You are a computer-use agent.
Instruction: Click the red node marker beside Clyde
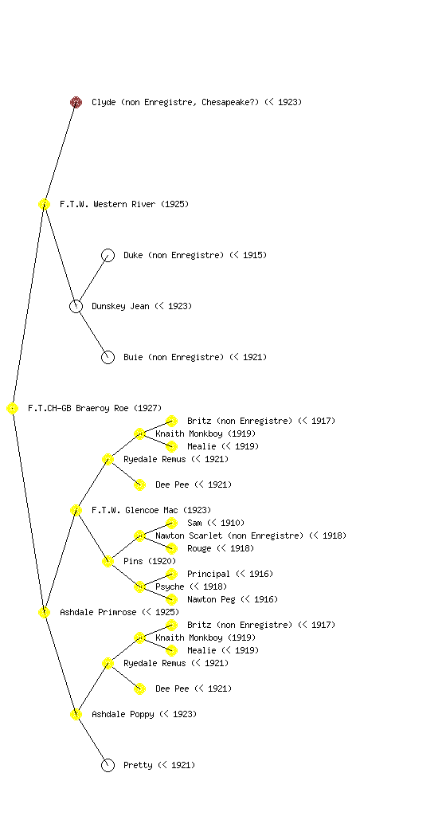pos(76,102)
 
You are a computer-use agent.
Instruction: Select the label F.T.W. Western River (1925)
pos(124,204)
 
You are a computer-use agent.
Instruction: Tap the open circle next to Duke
pos(108,255)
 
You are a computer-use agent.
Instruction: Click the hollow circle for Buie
pos(108,357)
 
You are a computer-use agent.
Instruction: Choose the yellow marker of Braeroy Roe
pos(13,408)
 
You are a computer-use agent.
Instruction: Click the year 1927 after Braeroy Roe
pos(148,408)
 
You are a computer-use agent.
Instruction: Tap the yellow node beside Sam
pos(171,523)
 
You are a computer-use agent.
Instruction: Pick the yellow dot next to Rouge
pos(171,548)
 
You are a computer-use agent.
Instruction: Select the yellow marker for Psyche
pos(139,586)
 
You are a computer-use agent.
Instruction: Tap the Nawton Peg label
pos(233,599)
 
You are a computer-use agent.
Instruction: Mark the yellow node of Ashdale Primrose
pos(44,612)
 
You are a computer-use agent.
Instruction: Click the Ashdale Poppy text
pos(123,714)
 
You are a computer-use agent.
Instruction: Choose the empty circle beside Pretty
pos(108,765)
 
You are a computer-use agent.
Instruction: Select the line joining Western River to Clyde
pos(61,153)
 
